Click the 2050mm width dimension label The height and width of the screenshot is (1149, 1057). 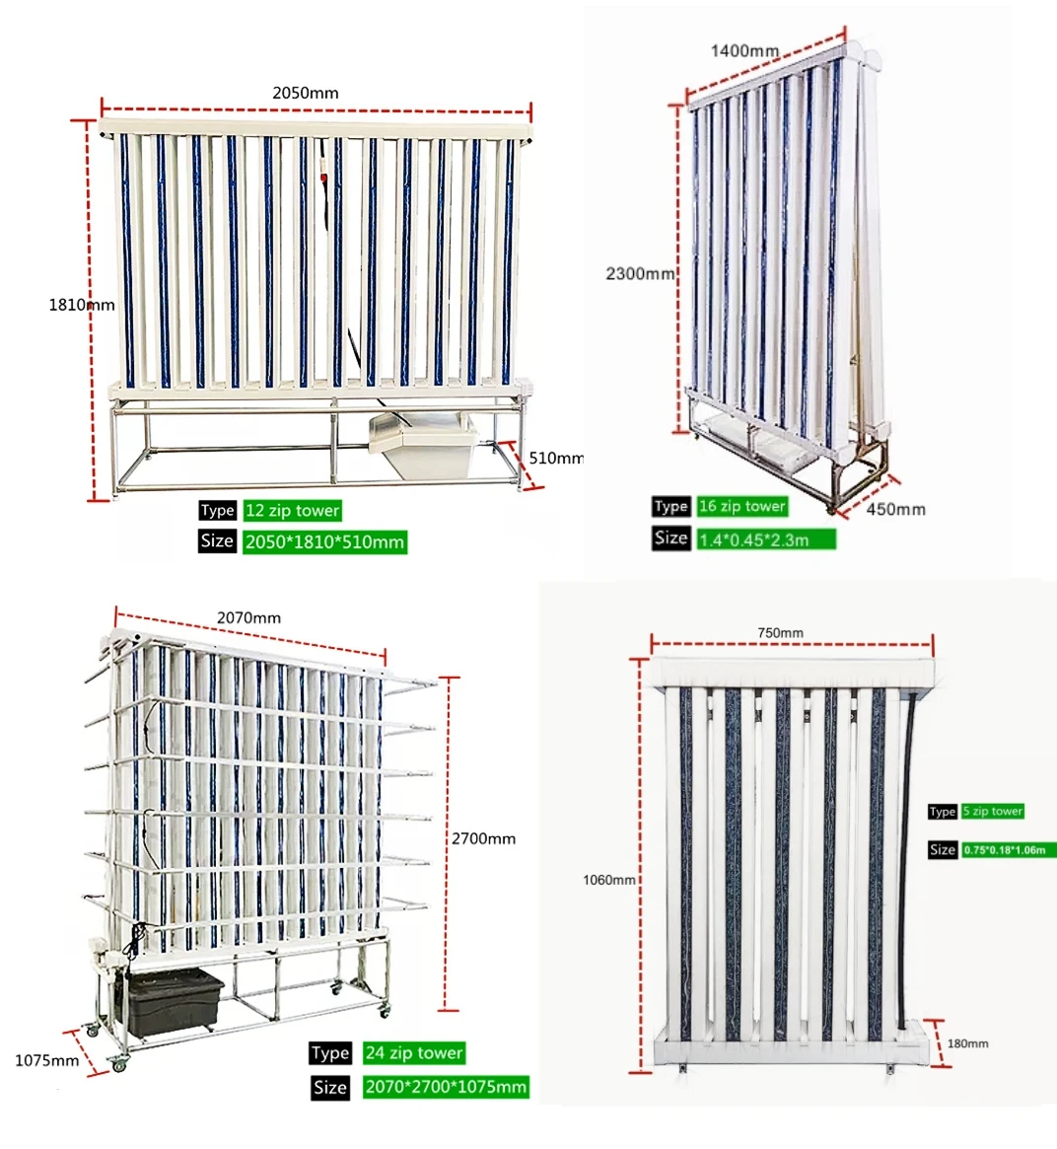point(305,93)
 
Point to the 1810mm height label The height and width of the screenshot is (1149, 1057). point(82,305)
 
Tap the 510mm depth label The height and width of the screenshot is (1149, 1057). point(556,458)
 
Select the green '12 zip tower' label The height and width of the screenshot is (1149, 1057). point(293,511)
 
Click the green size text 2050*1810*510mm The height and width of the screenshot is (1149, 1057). point(324,541)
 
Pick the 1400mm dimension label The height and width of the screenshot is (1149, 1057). point(744,50)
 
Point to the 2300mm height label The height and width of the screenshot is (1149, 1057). point(640,273)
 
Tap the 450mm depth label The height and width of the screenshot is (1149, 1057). point(895,509)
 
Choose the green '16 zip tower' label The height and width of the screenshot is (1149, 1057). point(742,506)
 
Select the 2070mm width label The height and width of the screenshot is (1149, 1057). point(248,617)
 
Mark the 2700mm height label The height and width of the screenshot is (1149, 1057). point(483,838)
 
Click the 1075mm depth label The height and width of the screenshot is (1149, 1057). point(46,1060)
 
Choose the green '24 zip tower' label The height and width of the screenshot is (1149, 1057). point(413,1052)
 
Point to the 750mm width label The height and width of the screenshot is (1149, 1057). point(780,632)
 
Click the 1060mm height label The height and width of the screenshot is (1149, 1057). point(609,879)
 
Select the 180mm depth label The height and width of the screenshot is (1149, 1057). point(967,1042)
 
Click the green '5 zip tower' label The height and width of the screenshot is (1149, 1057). point(993,811)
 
